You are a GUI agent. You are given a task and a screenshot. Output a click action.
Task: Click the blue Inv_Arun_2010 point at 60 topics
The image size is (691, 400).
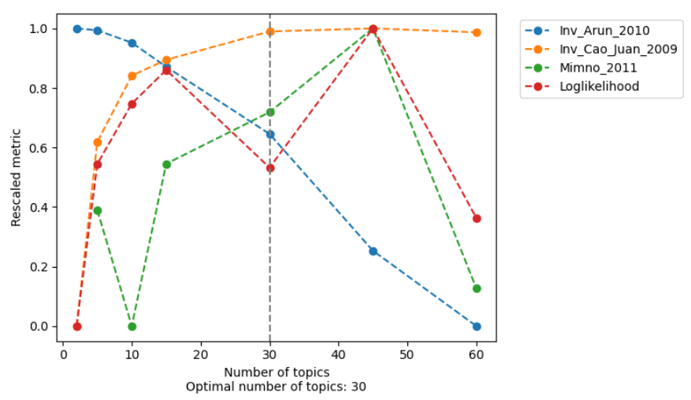coord(477,326)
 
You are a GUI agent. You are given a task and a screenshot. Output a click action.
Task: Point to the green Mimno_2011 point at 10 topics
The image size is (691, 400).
coord(132,326)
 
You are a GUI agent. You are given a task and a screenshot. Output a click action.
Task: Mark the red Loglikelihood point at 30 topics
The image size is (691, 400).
coord(270,168)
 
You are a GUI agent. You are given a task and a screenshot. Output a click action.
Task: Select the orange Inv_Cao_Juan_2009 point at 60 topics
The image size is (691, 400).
coord(477,32)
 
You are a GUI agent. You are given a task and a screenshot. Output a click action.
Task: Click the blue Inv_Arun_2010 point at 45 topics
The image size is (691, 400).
coord(373,251)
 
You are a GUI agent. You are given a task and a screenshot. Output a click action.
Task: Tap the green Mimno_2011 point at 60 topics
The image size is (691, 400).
coord(477,288)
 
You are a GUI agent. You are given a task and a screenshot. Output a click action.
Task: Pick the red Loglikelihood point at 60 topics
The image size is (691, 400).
coord(477,218)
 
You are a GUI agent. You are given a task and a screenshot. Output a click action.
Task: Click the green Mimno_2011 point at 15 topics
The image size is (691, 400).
coord(166,165)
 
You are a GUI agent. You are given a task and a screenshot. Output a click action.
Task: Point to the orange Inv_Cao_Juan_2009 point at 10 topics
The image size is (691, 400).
coord(132,76)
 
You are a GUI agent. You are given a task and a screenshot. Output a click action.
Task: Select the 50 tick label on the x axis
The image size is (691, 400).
coord(407,354)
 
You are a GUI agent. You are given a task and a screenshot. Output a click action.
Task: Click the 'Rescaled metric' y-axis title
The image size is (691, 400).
coord(16,177)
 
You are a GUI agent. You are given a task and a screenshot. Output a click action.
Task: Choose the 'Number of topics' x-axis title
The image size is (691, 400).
coord(276,372)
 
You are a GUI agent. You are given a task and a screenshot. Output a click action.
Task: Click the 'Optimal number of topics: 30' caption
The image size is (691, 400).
coord(276,387)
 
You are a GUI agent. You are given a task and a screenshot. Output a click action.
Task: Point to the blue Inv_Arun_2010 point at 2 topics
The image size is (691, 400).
coord(77,28)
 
